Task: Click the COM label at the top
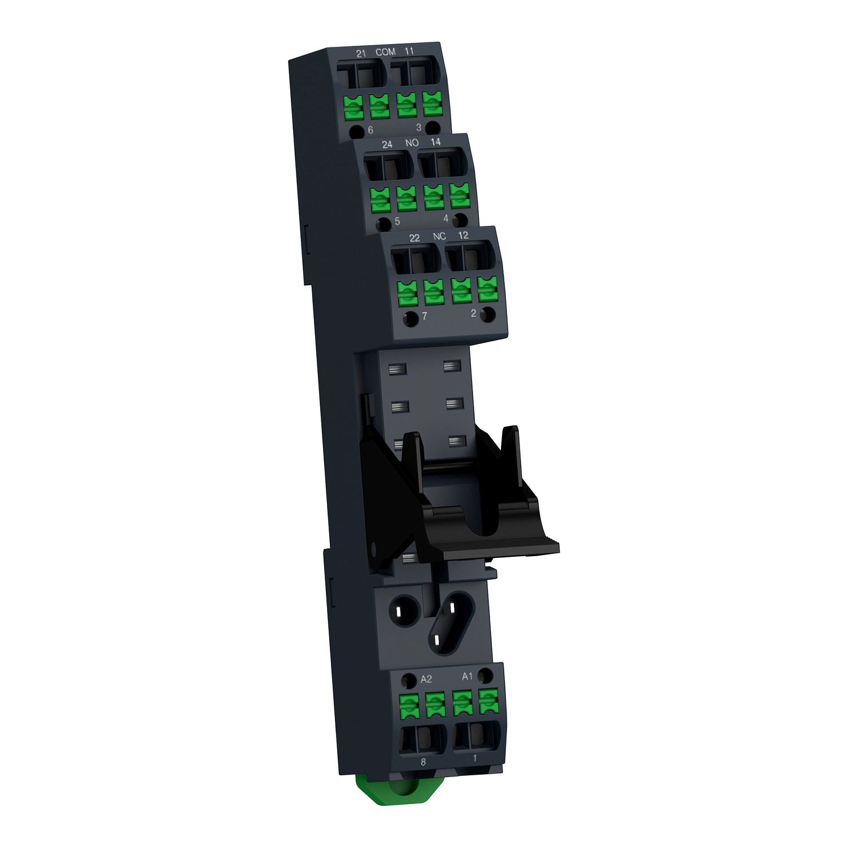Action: tap(386, 52)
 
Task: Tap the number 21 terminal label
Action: tap(361, 53)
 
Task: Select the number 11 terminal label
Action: tap(409, 51)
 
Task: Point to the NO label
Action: tap(412, 143)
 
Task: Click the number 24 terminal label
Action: tap(387, 145)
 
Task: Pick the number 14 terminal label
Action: tap(435, 142)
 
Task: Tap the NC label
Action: tap(439, 237)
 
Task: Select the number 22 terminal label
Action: tap(414, 238)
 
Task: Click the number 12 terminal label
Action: tap(463, 235)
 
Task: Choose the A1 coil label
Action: tap(467, 676)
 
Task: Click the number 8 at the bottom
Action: tap(423, 762)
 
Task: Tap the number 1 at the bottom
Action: tap(474, 758)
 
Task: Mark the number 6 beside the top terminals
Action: tap(370, 130)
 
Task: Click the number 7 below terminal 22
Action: tap(425, 316)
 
